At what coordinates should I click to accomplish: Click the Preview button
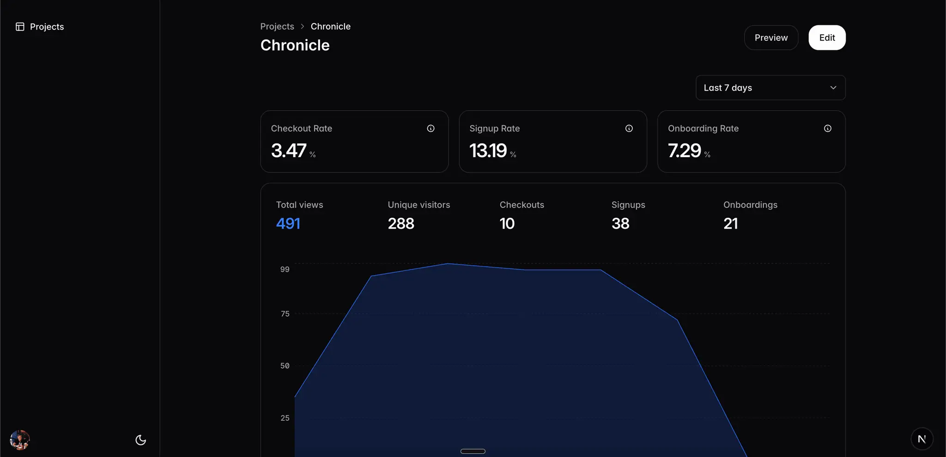(771, 37)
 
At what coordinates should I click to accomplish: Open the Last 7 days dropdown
(770, 88)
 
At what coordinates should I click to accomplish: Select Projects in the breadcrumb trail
(277, 26)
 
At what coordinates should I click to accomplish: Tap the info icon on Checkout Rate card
(431, 128)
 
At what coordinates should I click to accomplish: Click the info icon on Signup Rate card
(629, 128)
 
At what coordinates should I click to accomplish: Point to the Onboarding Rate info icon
(828, 128)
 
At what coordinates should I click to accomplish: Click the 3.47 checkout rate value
(289, 151)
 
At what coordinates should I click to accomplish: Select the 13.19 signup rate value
(488, 151)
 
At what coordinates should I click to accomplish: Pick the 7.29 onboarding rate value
(685, 151)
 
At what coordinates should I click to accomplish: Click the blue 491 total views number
(288, 224)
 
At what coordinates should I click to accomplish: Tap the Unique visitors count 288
(401, 224)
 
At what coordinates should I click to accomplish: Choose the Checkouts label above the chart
(522, 205)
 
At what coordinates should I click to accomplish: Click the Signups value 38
(620, 224)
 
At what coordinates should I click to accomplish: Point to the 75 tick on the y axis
(285, 314)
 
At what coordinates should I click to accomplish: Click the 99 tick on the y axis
(285, 269)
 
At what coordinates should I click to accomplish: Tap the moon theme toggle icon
(141, 440)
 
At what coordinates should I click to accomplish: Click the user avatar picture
(20, 440)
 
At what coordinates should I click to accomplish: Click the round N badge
(922, 439)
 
